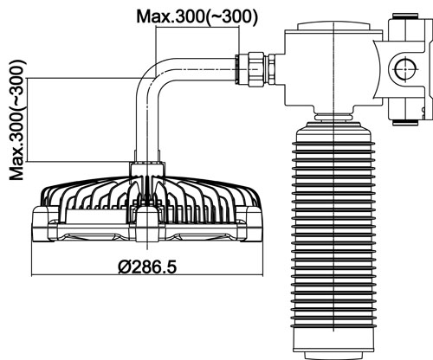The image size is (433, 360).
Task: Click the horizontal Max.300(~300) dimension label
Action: [197, 16]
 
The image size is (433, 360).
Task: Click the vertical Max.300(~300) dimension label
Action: [17, 120]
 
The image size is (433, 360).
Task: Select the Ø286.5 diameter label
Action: [147, 267]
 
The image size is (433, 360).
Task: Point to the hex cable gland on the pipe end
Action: [256, 69]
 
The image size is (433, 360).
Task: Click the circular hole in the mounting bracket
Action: [405, 69]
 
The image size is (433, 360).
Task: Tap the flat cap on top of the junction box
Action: [333, 26]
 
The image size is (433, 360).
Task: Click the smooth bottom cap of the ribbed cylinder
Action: [333, 344]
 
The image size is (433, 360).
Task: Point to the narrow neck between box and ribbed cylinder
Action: [333, 116]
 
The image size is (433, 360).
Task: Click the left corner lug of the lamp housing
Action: [41, 223]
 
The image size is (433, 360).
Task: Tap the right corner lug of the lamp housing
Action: [250, 223]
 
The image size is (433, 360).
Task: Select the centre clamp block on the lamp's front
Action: [147, 223]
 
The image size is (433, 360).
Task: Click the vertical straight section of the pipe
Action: [147, 127]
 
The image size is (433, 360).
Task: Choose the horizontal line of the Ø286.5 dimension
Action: [147, 275]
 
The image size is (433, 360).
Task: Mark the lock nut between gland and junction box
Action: [271, 69]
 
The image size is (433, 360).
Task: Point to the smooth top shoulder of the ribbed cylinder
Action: [333, 132]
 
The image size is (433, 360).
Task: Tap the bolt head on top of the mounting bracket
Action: [405, 16]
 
